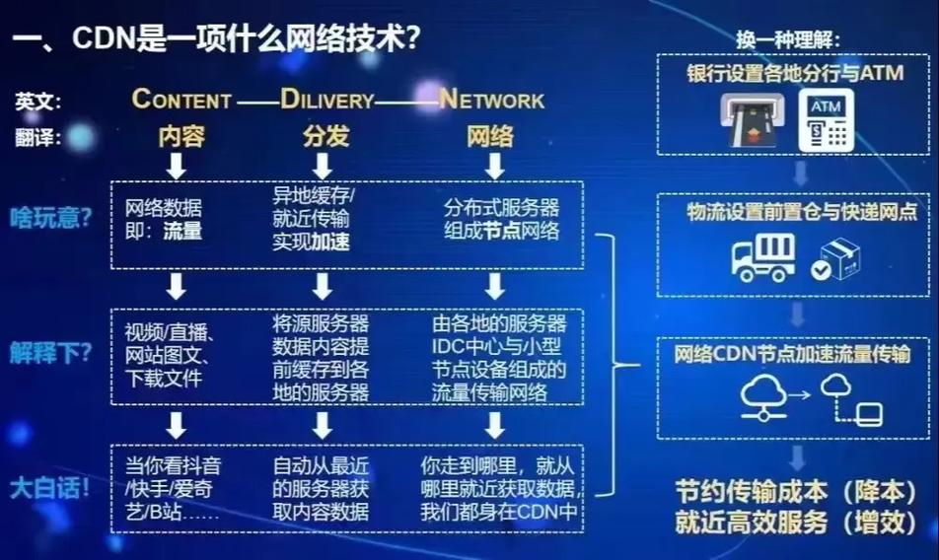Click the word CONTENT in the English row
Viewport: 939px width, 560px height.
pyautogui.click(x=181, y=99)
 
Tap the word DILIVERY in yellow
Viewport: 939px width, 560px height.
pyautogui.click(x=327, y=99)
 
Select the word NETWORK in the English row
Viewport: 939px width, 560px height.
pyautogui.click(x=491, y=99)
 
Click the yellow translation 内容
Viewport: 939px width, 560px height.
pyautogui.click(x=181, y=136)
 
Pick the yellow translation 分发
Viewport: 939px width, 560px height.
pyautogui.click(x=325, y=136)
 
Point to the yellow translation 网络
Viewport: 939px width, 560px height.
pyautogui.click(x=490, y=136)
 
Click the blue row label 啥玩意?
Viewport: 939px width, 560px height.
pyautogui.click(x=51, y=218)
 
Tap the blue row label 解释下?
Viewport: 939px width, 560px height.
pyautogui.click(x=51, y=353)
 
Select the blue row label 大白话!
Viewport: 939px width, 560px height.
pyautogui.click(x=49, y=488)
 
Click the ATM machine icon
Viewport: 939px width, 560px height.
pyautogui.click(x=827, y=119)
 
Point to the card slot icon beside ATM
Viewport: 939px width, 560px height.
pyautogui.click(x=751, y=119)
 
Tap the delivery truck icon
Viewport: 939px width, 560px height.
pyautogui.click(x=763, y=257)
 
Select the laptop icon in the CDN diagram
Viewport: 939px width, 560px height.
pyautogui.click(x=869, y=414)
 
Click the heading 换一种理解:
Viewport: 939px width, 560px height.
pyautogui.click(x=788, y=40)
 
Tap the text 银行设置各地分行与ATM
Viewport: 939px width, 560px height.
pyautogui.click(x=795, y=74)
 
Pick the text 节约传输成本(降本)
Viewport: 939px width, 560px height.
pyautogui.click(x=796, y=492)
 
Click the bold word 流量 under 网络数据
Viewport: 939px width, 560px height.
pyautogui.click(x=182, y=231)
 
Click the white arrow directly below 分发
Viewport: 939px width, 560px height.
pyautogui.click(x=323, y=166)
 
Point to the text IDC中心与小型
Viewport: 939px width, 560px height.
pyautogui.click(x=496, y=346)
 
